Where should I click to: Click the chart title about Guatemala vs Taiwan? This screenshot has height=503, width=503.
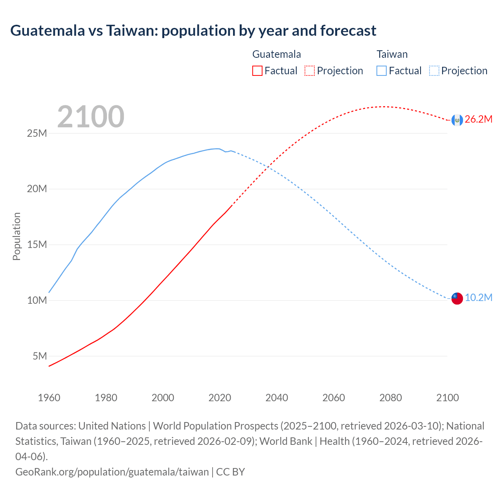tap(193, 30)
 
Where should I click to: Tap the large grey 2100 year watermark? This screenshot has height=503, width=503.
tap(91, 117)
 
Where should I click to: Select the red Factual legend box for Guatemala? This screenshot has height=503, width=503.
tap(257, 71)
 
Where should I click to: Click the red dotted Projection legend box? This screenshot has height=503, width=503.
tap(310, 71)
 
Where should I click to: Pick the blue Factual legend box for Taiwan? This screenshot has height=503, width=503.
tap(381, 71)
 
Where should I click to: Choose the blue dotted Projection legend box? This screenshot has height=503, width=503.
tap(434, 71)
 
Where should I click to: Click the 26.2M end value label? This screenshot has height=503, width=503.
tap(478, 119)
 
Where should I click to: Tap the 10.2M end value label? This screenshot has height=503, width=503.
tap(478, 298)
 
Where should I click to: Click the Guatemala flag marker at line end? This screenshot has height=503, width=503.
tap(457, 120)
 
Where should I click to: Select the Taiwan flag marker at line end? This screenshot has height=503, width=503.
tap(457, 298)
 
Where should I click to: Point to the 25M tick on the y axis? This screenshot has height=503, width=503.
tap(37, 133)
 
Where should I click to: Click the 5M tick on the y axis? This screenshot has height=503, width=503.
tap(40, 356)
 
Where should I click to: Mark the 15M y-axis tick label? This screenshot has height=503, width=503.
tap(37, 244)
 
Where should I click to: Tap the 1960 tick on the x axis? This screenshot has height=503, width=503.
tap(49, 398)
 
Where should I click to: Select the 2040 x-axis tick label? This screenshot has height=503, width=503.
tap(277, 398)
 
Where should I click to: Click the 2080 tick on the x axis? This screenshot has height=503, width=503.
tap(391, 398)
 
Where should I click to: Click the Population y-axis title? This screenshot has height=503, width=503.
tap(17, 236)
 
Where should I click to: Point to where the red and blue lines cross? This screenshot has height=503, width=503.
tap(268, 167)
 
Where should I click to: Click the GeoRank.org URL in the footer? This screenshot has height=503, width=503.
tap(112, 472)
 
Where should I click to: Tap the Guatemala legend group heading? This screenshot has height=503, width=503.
tap(277, 54)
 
